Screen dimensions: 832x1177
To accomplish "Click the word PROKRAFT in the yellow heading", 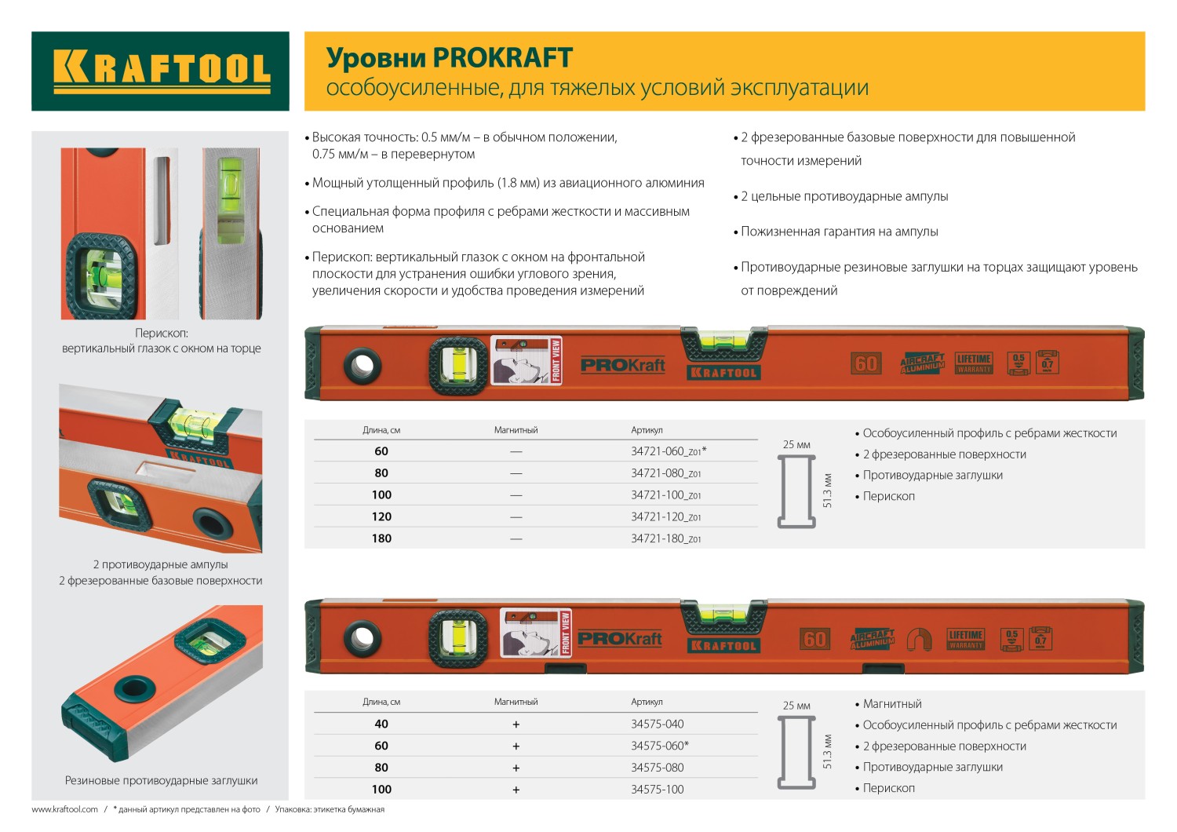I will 502,58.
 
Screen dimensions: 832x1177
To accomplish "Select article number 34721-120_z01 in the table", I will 665,516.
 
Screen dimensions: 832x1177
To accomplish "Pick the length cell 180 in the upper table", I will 381,538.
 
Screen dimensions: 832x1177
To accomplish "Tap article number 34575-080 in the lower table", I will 657,768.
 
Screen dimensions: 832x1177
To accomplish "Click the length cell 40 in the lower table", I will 381,724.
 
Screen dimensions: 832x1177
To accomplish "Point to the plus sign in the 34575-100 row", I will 516,790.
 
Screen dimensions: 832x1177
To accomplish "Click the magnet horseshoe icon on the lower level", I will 918,640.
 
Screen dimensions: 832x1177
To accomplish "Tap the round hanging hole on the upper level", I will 363,365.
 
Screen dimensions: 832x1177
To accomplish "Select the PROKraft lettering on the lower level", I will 620,639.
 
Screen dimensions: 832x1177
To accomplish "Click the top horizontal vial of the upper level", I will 723,341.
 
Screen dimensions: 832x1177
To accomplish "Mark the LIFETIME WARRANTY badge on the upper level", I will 974,363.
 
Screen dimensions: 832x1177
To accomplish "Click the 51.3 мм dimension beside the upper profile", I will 827,490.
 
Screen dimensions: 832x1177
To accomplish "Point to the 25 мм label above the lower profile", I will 796,706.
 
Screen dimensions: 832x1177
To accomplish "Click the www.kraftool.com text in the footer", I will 64,809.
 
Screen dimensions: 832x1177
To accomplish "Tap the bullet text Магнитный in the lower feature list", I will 892,704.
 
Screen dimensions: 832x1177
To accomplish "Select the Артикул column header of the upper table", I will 647,430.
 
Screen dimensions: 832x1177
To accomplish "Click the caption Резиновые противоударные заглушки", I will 161,781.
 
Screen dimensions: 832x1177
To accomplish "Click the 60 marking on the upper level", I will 866,363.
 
